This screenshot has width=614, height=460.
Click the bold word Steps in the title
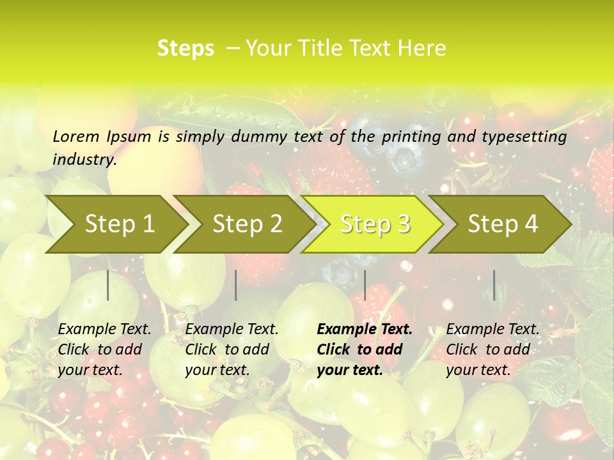(185, 49)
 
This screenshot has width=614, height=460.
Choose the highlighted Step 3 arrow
(375, 224)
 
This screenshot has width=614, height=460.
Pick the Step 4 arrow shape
(503, 224)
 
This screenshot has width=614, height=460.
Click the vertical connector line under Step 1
(108, 285)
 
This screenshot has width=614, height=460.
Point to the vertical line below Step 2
(236, 285)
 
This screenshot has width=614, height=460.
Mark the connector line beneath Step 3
(365, 285)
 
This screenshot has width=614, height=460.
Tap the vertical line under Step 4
(494, 285)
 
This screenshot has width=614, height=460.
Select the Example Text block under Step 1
(104, 349)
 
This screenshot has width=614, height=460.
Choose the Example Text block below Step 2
(232, 349)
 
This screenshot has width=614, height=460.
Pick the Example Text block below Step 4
(492, 349)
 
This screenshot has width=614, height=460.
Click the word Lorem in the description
(76, 136)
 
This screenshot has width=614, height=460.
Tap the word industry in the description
(84, 160)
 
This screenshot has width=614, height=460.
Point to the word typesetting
(523, 136)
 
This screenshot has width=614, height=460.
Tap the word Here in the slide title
(421, 49)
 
